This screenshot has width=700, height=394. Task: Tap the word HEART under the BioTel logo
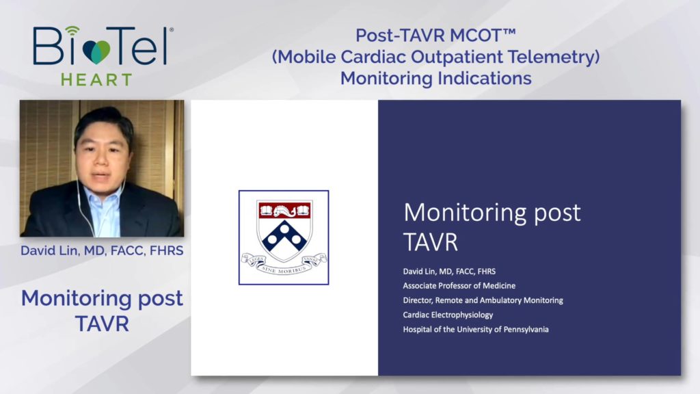point(96,80)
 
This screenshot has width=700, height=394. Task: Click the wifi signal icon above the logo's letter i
point(72,30)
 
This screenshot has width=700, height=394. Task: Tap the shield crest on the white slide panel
point(284,231)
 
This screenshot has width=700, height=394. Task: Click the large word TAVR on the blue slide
point(431,242)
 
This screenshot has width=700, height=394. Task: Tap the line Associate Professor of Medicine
point(459,285)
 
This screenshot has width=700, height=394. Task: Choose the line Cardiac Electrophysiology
point(448,315)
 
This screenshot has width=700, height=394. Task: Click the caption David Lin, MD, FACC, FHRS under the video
point(102,250)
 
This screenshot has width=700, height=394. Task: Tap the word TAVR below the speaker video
point(102,324)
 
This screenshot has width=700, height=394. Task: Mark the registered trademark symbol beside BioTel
point(172,30)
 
